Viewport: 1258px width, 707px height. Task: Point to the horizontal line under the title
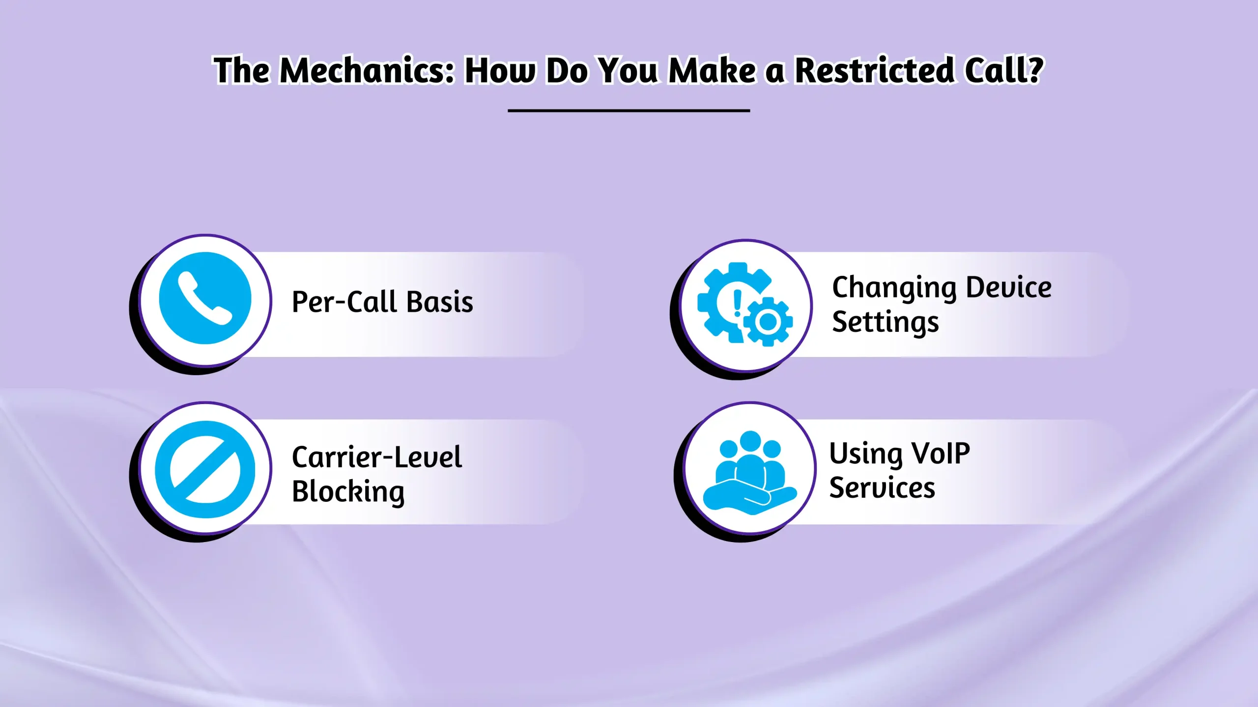tap(629, 111)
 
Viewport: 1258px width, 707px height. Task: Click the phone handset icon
tap(205, 299)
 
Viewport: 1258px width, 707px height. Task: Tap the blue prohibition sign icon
tap(205, 469)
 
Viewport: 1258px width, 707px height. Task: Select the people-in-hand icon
tap(749, 471)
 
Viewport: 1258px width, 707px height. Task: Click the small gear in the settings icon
tap(768, 322)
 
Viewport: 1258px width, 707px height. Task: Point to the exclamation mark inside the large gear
tap(737, 303)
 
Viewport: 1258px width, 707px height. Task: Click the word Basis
tap(440, 301)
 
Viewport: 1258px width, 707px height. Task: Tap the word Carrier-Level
tap(377, 457)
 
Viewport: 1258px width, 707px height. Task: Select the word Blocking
tap(348, 491)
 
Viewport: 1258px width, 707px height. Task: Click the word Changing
tap(894, 288)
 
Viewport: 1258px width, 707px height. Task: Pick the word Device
tap(1009, 287)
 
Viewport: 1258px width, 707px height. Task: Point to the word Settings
tap(886, 323)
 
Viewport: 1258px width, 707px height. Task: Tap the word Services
tap(882, 488)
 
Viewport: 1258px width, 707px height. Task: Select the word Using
tap(865, 454)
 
